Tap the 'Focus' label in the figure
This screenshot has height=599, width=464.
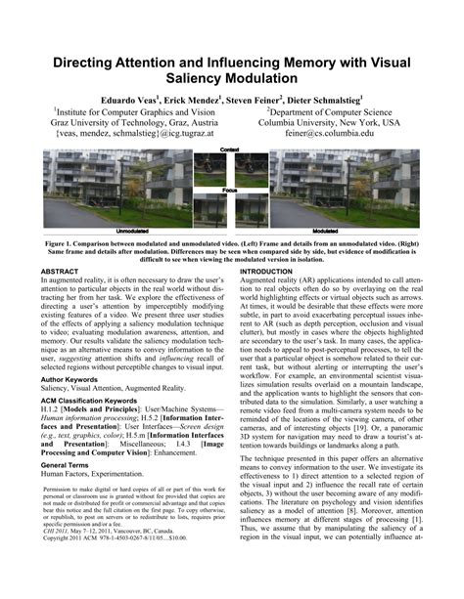(x=230, y=189)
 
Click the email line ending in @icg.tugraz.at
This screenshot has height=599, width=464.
(x=132, y=133)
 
